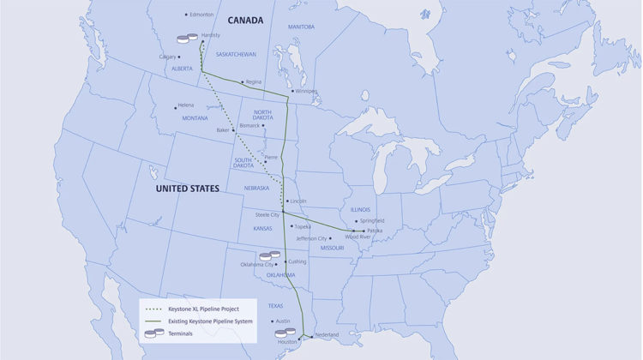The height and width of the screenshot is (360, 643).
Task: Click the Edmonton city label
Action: tap(202, 15)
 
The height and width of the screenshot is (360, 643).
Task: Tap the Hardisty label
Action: tap(211, 34)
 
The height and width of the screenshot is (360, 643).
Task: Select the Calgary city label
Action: tap(168, 57)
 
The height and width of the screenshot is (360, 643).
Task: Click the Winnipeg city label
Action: tap(306, 91)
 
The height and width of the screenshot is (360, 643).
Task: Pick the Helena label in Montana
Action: tap(186, 105)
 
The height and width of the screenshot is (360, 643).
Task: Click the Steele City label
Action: tap(267, 214)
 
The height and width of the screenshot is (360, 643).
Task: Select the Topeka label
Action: tap(303, 226)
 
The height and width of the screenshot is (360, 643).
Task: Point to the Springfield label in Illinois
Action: tap(373, 220)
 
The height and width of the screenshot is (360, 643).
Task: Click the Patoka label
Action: tap(375, 231)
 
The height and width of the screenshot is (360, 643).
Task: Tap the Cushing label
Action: tap(297, 261)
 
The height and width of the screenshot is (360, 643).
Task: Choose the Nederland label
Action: tap(327, 334)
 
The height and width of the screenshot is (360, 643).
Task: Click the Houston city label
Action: tap(286, 341)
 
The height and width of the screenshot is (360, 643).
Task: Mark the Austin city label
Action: tap(285, 321)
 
